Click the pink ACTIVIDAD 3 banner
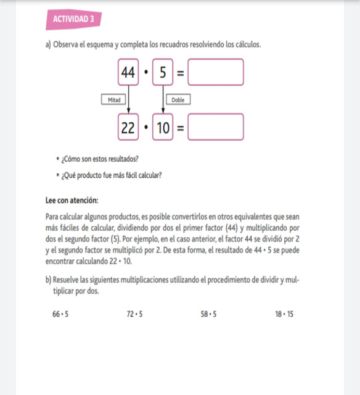[x=73, y=19]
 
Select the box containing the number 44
[x=128, y=72]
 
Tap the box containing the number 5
[x=163, y=72]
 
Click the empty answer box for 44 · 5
[x=216, y=72]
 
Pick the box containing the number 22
[x=128, y=127]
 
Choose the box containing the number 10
[x=163, y=127]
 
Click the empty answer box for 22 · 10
[x=216, y=127]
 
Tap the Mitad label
[x=113, y=99]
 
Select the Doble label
[x=178, y=99]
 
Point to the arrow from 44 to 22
[x=129, y=99]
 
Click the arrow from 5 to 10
[x=163, y=99]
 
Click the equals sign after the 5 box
[x=181, y=73]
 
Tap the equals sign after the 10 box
[x=181, y=128]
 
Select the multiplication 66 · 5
[x=60, y=314]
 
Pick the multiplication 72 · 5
[x=134, y=314]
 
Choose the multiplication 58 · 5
[x=208, y=314]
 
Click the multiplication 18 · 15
[x=284, y=314]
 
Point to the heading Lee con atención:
[x=72, y=200]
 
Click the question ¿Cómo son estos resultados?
[x=100, y=159]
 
